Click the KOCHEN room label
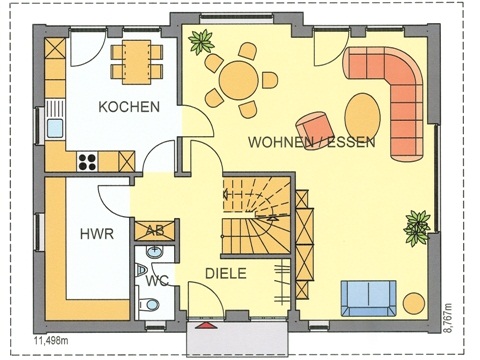tap(129, 107)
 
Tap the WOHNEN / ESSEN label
tap(313, 143)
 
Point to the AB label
tap(154, 230)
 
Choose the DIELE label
tap(227, 273)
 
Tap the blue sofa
tap(368, 296)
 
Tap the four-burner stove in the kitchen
tap(86, 158)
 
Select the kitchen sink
tap(56, 127)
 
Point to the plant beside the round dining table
tap(203, 43)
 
